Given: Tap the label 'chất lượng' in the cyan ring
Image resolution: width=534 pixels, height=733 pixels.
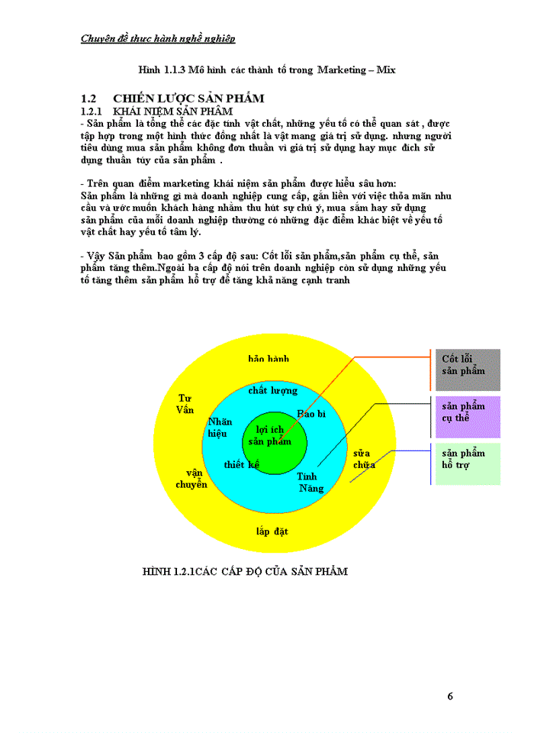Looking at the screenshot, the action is click(273, 391).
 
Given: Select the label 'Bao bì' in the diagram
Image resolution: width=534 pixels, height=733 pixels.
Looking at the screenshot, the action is click(311, 413).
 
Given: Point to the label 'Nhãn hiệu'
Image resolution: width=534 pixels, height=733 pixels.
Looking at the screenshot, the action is click(219, 428).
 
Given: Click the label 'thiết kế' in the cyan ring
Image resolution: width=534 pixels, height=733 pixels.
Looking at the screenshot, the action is click(240, 464).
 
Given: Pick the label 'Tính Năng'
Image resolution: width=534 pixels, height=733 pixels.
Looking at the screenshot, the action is click(310, 483).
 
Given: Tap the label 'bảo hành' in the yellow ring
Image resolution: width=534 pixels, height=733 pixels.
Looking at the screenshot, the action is click(269, 358).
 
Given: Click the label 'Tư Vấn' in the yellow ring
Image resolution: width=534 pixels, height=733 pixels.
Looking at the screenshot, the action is click(185, 404).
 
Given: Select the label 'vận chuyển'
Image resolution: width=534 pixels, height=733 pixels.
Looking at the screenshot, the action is click(191, 479).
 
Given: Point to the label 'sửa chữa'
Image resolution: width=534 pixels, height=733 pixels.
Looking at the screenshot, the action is click(362, 459).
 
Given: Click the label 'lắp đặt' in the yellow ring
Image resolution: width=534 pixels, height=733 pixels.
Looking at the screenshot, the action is click(272, 531).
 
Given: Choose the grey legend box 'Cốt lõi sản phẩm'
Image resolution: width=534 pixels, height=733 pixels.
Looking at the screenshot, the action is click(468, 370).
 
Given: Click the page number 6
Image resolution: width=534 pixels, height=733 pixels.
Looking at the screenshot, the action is click(450, 696).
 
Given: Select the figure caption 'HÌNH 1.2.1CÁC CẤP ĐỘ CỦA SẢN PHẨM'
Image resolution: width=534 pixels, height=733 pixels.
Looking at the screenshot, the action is click(245, 571).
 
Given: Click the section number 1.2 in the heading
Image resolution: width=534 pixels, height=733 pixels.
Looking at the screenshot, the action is click(88, 98).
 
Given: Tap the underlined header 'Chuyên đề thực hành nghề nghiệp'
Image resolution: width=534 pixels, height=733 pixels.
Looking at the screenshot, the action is click(158, 38).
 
